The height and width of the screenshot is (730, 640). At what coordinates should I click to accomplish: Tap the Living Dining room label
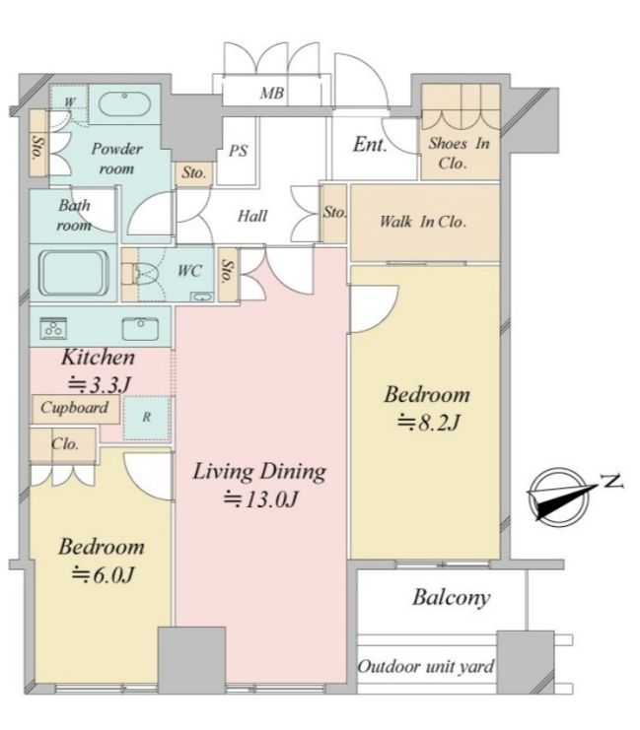click(259, 472)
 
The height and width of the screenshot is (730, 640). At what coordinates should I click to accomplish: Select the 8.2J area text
click(429, 424)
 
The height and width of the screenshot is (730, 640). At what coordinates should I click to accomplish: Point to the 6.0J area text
click(103, 575)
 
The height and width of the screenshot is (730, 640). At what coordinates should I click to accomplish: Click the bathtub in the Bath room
click(74, 273)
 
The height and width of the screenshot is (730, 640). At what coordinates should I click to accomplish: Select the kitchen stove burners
click(53, 328)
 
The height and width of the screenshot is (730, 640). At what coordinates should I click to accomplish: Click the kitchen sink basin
click(140, 329)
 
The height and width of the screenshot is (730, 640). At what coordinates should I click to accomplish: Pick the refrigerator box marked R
click(146, 418)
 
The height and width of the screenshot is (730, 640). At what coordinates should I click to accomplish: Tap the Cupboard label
click(75, 408)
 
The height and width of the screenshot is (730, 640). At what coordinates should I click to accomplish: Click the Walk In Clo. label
click(423, 222)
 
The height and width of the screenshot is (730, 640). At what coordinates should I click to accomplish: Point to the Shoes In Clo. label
click(459, 153)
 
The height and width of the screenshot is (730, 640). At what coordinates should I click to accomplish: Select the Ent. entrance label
click(370, 144)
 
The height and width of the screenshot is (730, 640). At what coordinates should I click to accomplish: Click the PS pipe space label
click(238, 151)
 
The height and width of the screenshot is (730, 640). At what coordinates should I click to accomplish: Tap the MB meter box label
click(272, 94)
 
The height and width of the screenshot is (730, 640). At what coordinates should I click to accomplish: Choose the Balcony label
click(452, 598)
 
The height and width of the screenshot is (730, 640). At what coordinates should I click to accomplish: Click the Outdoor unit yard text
click(426, 667)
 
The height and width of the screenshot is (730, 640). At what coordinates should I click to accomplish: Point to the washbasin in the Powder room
click(124, 103)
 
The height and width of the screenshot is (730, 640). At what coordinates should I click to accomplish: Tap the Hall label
click(252, 216)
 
